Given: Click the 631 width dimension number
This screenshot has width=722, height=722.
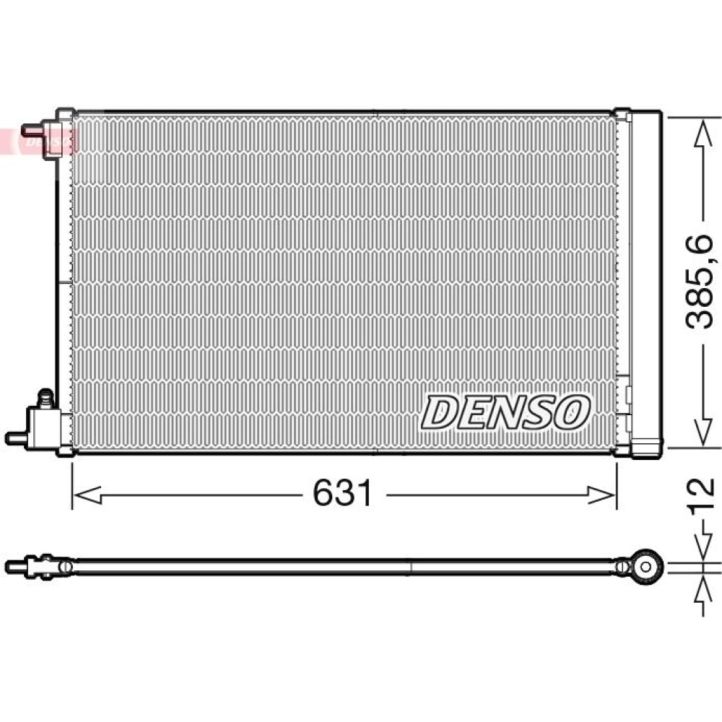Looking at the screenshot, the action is pos(342,492).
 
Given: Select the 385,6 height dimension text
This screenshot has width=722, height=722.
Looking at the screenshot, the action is pos(700,282).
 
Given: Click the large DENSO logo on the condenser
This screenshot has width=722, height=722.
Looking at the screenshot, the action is pos(505,412).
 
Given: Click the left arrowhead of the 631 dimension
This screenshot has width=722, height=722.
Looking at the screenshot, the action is pos(87,495).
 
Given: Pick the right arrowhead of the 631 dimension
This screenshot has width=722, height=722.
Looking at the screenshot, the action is pos(601,495).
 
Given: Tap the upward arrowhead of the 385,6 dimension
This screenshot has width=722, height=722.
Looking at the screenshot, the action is pos(703,134).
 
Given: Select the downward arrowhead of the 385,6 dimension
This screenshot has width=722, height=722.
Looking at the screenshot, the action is pos(703,431).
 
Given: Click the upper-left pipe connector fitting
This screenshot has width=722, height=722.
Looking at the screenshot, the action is pos(44,135).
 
